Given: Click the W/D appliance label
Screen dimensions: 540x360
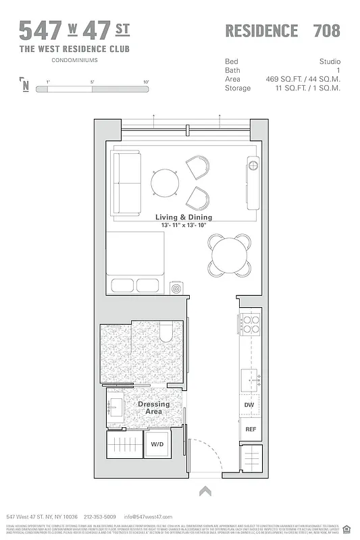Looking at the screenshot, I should click(x=157, y=444).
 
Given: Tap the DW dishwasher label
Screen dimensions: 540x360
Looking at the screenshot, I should click(x=249, y=405).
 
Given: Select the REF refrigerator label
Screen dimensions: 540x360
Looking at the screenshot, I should click(x=250, y=429).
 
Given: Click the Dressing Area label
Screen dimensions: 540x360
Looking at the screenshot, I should click(x=153, y=408).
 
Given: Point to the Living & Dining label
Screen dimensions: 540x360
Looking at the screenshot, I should click(x=184, y=217).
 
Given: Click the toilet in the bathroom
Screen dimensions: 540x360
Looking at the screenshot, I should click(x=167, y=332).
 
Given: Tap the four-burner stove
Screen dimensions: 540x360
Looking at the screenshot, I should click(x=251, y=325).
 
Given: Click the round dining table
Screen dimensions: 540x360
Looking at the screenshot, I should click(x=232, y=256).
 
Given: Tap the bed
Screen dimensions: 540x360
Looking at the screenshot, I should click(x=135, y=263).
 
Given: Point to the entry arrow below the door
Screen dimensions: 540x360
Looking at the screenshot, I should click(x=206, y=491).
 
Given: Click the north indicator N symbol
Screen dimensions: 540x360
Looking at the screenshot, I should click(x=25, y=85).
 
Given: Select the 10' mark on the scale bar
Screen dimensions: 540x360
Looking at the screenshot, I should click(x=145, y=82).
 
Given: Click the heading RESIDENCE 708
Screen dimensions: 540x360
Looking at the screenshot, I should click(x=282, y=30).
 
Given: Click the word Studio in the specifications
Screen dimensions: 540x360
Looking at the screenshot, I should click(x=328, y=61).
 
